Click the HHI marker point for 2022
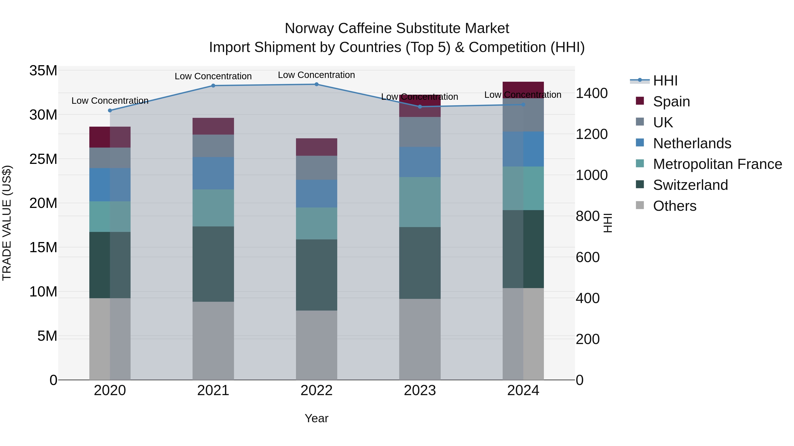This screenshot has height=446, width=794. tap(316, 84)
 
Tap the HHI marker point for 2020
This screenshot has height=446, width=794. tap(110, 111)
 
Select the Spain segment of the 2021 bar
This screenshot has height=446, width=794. tap(213, 126)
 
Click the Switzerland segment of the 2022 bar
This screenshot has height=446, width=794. tap(316, 275)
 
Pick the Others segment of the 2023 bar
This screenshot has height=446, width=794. tap(419, 339)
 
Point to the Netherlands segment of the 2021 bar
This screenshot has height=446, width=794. tap(213, 173)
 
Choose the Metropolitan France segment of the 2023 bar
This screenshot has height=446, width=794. tap(419, 202)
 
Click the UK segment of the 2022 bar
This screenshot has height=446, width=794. tap(316, 168)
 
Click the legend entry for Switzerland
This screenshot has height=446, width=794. tap(690, 185)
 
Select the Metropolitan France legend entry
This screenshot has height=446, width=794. tap(717, 164)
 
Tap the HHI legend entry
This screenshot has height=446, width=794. tap(665, 81)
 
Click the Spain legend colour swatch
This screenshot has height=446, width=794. tap(640, 101)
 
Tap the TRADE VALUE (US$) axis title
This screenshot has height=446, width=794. tap(7, 223)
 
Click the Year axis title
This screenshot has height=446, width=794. tap(316, 418)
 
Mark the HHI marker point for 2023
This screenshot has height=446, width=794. tap(419, 107)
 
